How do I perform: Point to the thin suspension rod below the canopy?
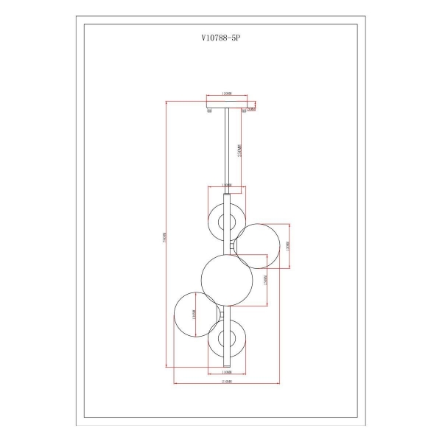[227, 147]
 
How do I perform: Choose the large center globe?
[228, 279]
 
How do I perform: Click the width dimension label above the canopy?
[227, 94]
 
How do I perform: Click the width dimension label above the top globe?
[227, 186]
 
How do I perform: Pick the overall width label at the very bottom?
[227, 385]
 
